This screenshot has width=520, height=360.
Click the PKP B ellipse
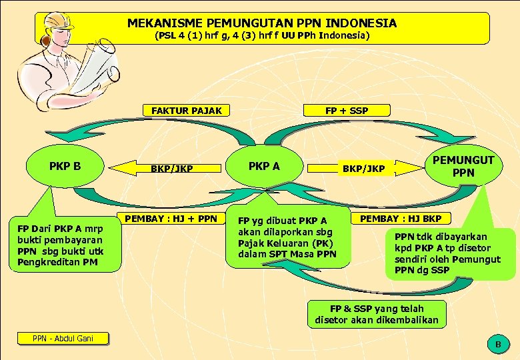(65, 166)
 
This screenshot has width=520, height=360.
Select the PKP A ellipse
(264, 166)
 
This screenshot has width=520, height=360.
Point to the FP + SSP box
(347, 111)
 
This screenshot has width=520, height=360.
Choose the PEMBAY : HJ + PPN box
(171, 218)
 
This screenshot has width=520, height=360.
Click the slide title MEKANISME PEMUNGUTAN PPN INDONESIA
(262, 23)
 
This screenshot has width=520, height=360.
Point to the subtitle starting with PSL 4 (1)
(262, 35)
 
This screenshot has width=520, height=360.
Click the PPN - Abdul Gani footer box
(64, 339)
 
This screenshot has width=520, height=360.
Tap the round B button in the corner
(497, 344)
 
